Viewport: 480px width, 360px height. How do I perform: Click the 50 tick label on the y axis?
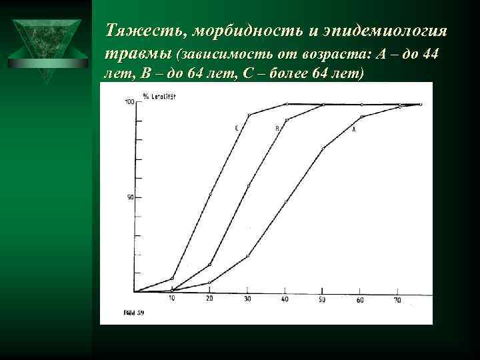130,197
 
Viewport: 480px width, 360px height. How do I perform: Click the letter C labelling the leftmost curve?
236,128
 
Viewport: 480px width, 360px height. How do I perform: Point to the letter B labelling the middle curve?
277,127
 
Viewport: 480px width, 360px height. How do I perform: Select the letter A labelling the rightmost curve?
353,129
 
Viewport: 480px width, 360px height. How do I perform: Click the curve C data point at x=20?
210,195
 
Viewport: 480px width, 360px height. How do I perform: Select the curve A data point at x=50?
323,147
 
